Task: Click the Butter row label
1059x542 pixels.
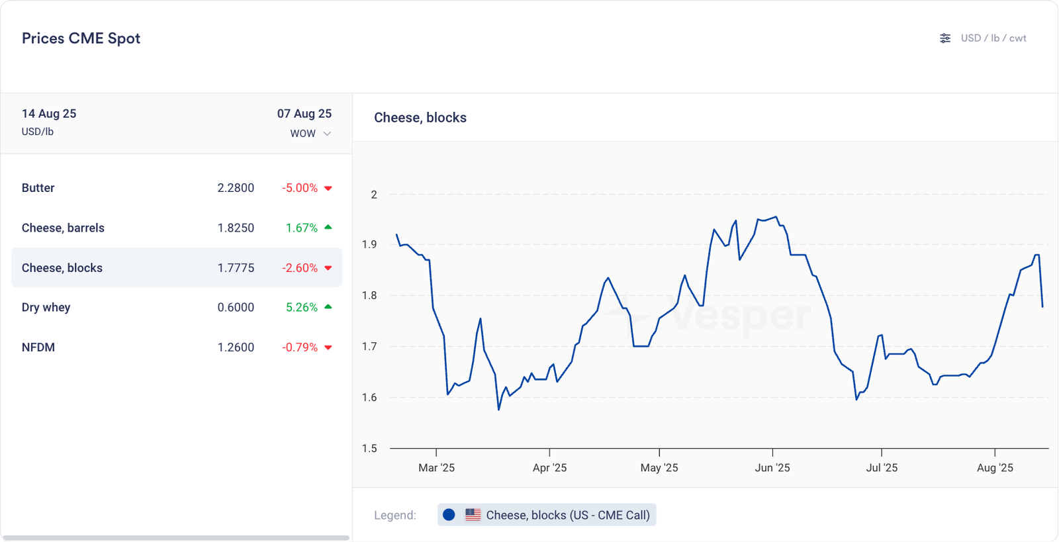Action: (x=38, y=188)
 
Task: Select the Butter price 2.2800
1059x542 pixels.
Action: (x=236, y=188)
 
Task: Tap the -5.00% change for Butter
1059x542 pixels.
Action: (x=300, y=188)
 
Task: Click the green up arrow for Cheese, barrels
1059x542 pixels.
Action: (x=328, y=228)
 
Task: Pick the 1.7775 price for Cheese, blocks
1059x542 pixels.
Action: (x=236, y=268)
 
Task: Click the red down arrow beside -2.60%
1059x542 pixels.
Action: (x=328, y=268)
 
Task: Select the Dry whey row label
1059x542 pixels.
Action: (x=46, y=307)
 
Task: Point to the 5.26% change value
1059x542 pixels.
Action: (x=302, y=307)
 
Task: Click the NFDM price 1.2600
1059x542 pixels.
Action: (x=236, y=347)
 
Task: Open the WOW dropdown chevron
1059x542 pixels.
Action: (x=327, y=134)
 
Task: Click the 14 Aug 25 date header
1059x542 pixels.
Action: (x=49, y=114)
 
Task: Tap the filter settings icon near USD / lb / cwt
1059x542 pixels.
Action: (x=945, y=38)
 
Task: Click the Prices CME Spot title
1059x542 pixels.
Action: (x=81, y=38)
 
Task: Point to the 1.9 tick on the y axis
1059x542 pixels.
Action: (x=369, y=244)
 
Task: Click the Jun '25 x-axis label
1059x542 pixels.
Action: (x=772, y=468)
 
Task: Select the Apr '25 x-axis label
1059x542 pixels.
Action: (x=549, y=468)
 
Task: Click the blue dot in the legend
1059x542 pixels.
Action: (x=449, y=515)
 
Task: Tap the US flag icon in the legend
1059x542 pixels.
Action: (x=473, y=515)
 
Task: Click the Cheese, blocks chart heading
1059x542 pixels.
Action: (x=420, y=118)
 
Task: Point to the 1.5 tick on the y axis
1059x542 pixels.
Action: (x=369, y=448)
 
